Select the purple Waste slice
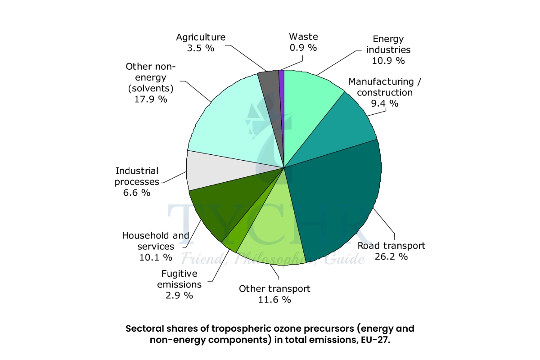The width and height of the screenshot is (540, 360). (x=282, y=90)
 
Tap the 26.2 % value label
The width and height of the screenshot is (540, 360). (x=391, y=257)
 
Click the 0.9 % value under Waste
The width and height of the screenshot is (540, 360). (x=303, y=48)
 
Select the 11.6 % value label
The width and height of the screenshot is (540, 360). (x=274, y=300)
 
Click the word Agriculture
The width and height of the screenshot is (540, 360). (x=201, y=37)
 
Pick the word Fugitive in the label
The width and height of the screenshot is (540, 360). (x=179, y=273)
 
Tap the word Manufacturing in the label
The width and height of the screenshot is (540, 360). (x=371, y=81)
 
